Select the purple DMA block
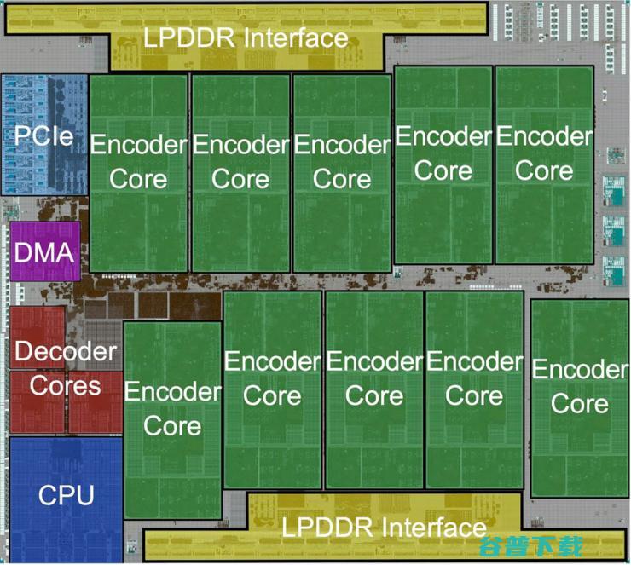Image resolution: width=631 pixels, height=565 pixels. coord(44,252)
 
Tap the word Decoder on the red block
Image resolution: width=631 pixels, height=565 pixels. coord(65,350)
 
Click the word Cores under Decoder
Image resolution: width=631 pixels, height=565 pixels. coord(65,385)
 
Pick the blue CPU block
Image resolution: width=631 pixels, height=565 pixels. coord(66,494)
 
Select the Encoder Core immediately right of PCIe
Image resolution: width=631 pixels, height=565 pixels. coord(138,162)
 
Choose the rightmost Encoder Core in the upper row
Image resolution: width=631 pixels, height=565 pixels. coord(544,153)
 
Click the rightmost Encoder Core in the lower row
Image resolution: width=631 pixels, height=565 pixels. coord(580,386)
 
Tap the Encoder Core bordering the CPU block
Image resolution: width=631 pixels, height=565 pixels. coord(173,408)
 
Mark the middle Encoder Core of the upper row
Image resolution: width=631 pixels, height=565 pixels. coord(341,162)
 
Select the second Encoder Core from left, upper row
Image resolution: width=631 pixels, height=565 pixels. coord(240,162)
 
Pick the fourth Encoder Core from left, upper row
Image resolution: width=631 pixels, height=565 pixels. coord(443,153)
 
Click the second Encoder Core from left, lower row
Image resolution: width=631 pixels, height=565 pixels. coord(271,378)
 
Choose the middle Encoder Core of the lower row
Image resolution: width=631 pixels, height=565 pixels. coord(373,378)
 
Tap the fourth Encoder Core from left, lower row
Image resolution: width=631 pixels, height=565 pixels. coord(474,378)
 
